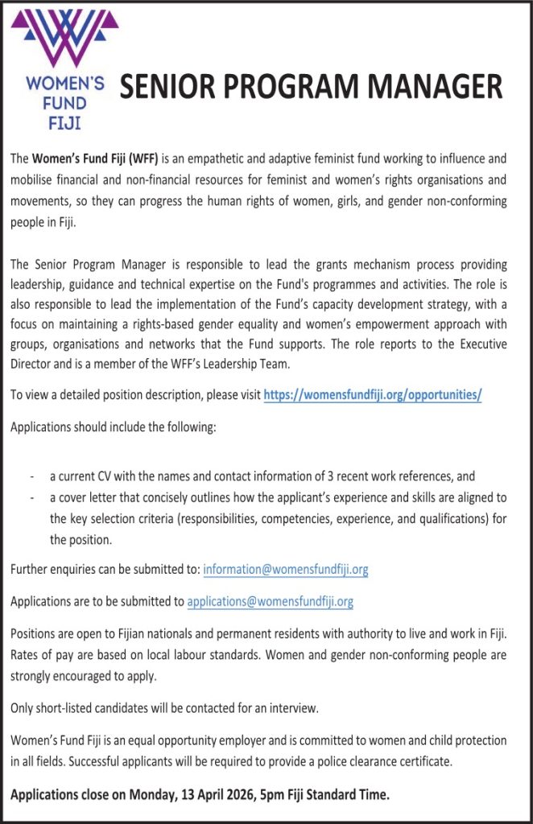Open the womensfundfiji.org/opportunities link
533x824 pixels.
[x=373, y=395]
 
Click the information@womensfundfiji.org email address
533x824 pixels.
[x=286, y=569]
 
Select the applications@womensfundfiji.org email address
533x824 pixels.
[x=270, y=601]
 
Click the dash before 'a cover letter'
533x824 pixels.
[x=31, y=498]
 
